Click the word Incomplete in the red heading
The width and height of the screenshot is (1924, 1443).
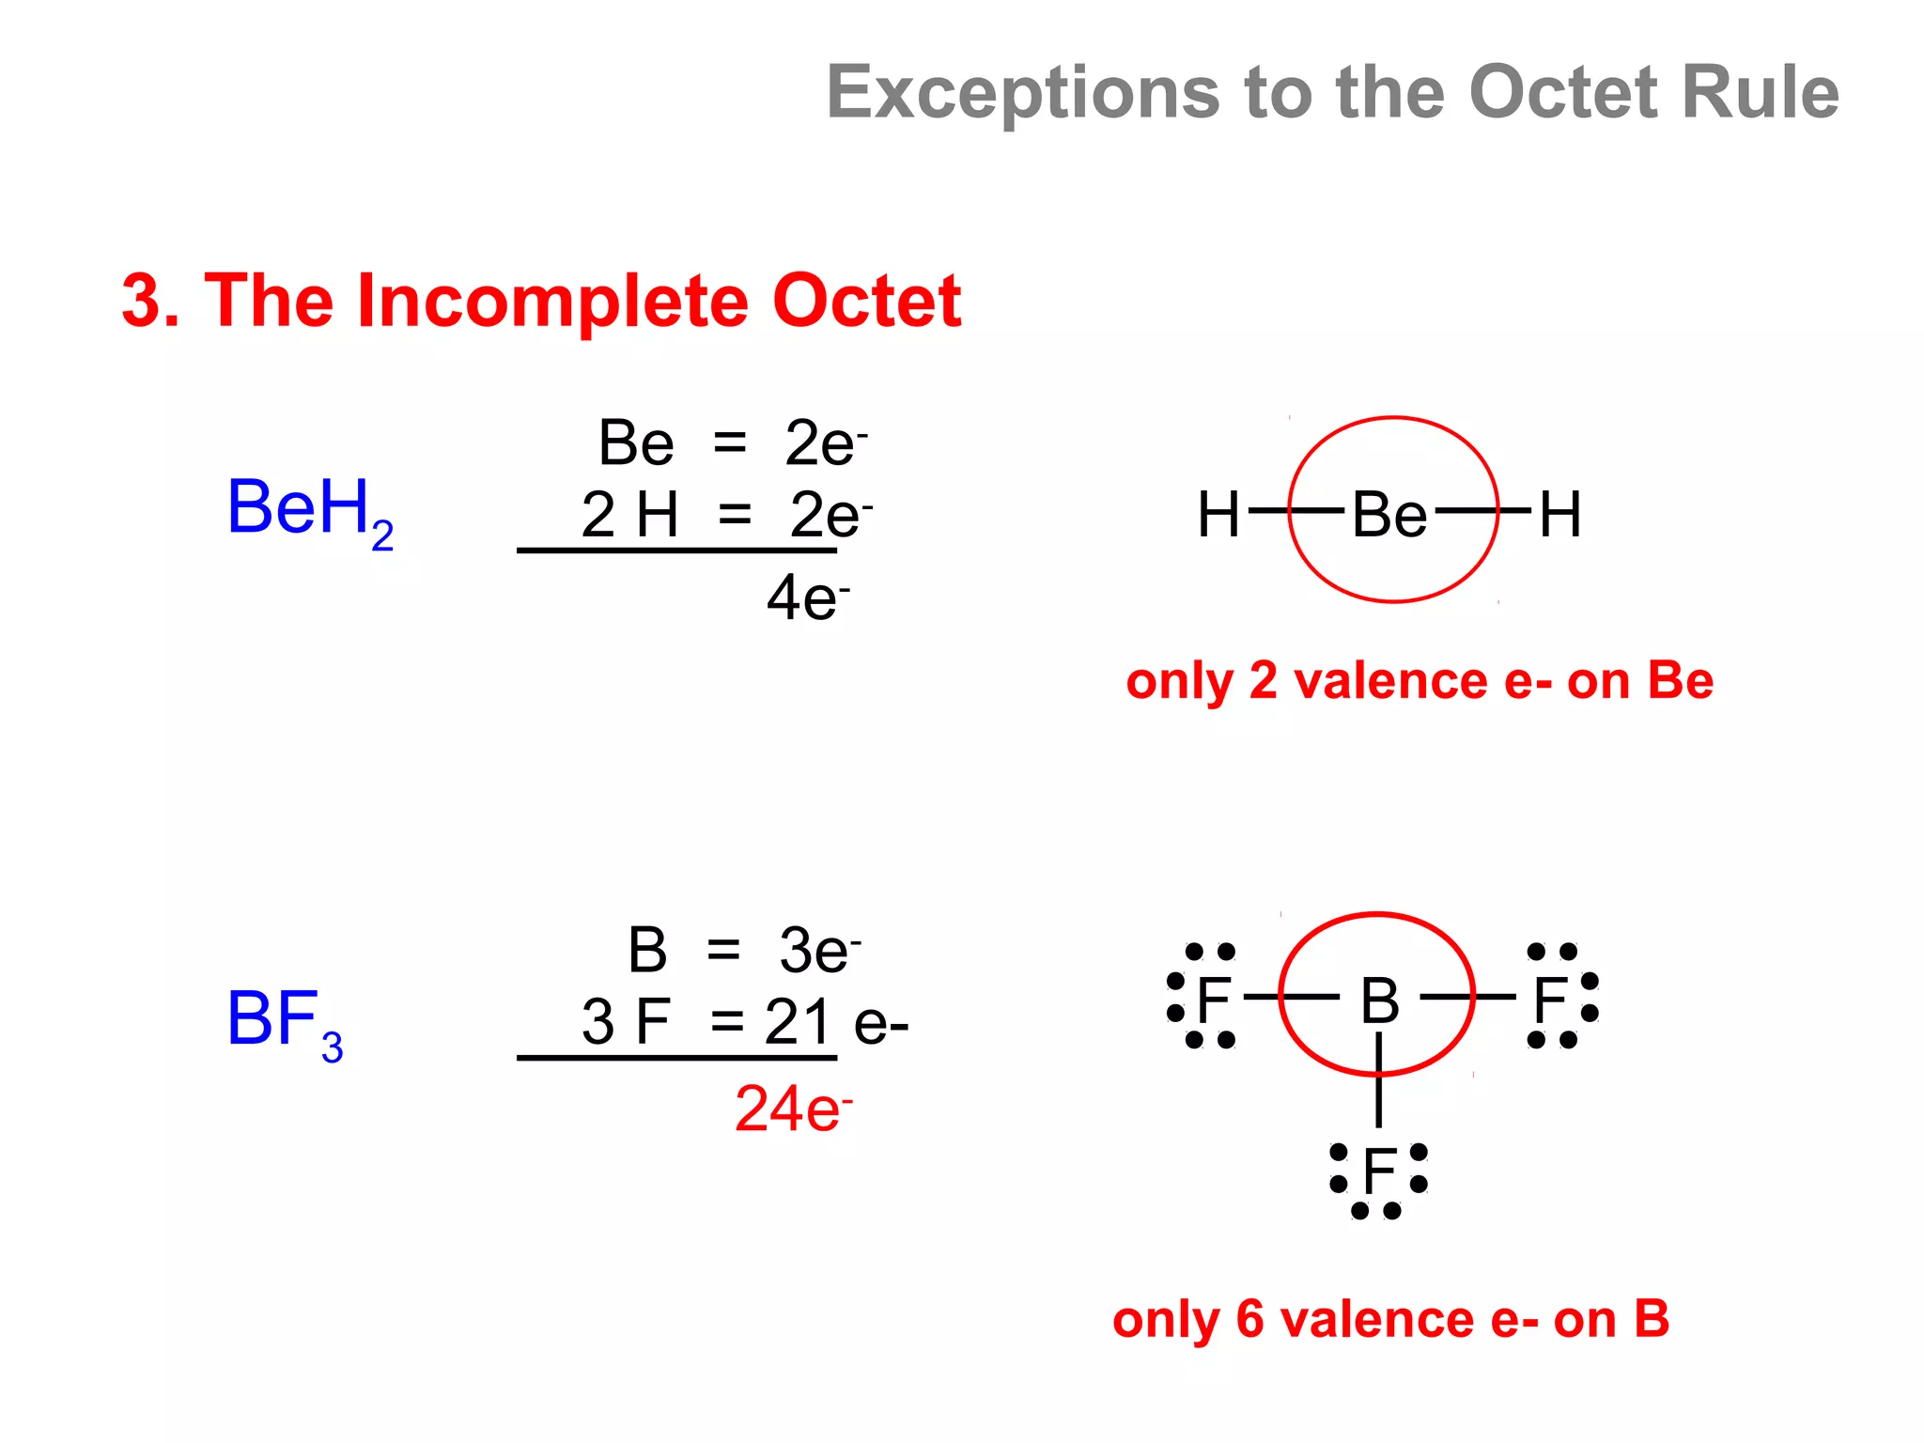point(553,302)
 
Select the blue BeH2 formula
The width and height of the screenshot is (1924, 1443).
point(310,510)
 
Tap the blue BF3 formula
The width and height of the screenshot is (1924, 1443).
point(285,1021)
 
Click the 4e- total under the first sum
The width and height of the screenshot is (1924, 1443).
point(807,597)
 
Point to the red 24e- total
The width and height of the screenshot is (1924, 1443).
point(793,1109)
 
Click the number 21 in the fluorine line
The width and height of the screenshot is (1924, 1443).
point(798,1022)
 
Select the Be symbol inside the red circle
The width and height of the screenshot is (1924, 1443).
point(1389,515)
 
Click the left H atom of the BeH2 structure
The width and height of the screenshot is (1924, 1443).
point(1218,515)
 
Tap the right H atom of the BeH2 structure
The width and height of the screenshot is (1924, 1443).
point(1560,515)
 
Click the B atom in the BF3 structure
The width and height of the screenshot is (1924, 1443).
point(1379,1001)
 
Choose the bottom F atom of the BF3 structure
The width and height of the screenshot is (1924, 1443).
point(1379,1171)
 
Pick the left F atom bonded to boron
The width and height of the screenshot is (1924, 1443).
point(1214,999)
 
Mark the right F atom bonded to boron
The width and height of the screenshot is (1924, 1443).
point(1549,999)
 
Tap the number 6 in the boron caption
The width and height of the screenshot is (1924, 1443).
point(1249,1319)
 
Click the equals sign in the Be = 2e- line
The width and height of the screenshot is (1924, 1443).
point(729,442)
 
